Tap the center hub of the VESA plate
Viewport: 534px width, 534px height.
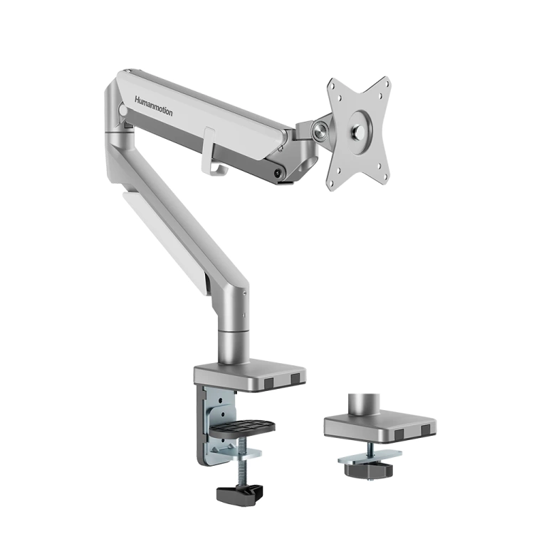[360, 132]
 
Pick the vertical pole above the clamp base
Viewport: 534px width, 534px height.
[233, 335]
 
